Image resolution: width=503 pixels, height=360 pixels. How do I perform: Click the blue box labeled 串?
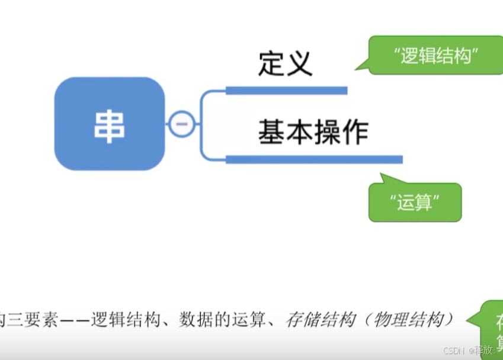[x=110, y=124]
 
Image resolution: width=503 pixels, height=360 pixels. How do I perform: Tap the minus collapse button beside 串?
[x=181, y=124]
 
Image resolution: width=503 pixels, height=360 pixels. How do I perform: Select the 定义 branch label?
[x=285, y=63]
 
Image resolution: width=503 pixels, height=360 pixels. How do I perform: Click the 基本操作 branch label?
[x=313, y=132]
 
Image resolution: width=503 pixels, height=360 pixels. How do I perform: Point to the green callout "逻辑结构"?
[x=435, y=56]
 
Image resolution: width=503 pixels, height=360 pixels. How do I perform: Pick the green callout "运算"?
[x=415, y=202]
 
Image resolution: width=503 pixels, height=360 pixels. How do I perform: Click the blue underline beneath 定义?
[x=286, y=91]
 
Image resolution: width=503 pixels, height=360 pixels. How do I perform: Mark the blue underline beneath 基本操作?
[x=314, y=159]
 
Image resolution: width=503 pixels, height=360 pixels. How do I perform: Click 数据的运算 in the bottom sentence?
[x=223, y=320]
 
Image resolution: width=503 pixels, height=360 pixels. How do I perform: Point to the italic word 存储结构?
[x=320, y=320]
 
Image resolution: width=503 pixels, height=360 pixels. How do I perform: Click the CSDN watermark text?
[x=455, y=351]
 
